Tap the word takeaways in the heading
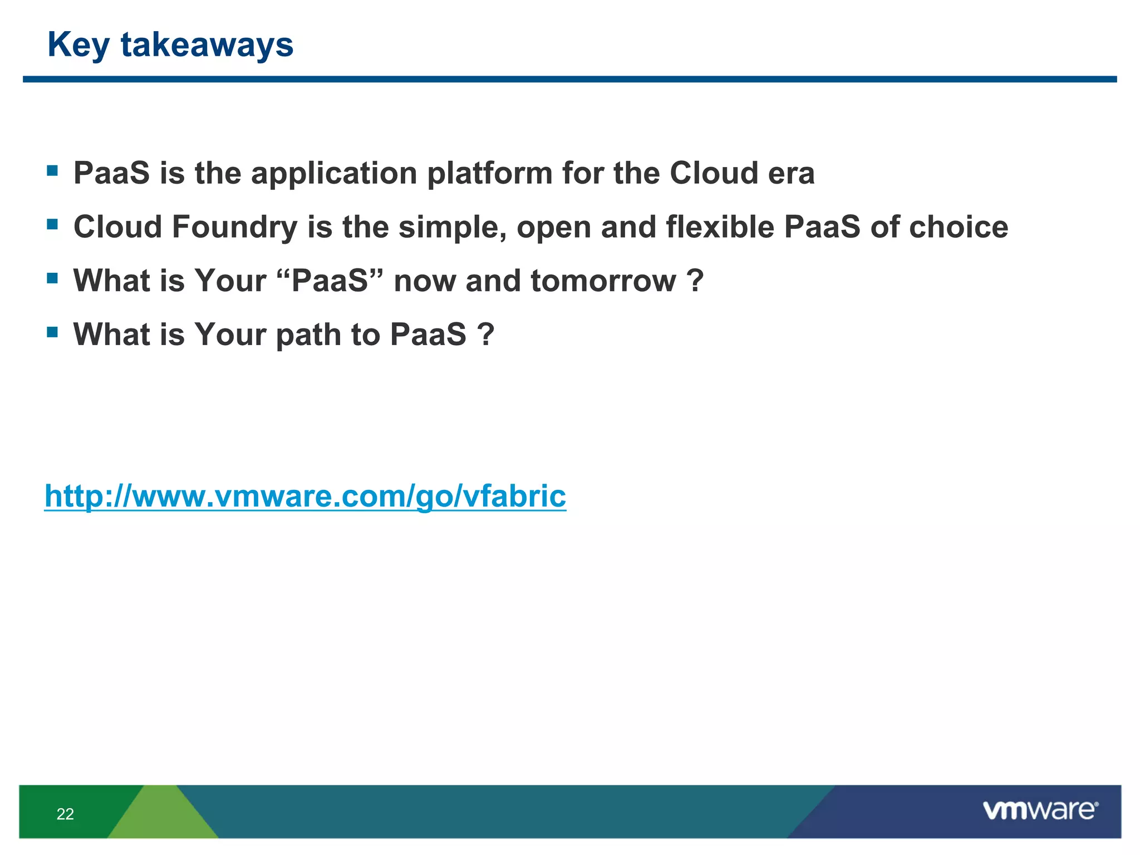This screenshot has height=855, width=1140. point(207,45)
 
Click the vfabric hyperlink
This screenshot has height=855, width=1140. point(305,495)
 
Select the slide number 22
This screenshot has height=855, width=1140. point(65,814)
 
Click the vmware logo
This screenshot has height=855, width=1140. point(1040,810)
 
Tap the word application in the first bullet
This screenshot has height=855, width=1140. point(334,174)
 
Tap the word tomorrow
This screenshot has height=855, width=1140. point(603,281)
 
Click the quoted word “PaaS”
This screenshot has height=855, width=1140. point(330,281)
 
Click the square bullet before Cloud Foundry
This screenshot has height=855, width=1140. point(53,224)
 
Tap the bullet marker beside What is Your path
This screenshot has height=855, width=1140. point(53,332)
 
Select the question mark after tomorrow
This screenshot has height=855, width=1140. point(695,281)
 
